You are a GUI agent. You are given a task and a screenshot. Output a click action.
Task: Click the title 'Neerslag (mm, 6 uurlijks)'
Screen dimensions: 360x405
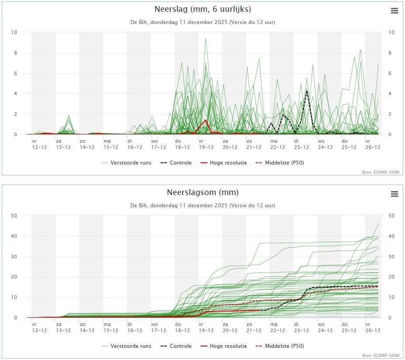(x=203, y=9)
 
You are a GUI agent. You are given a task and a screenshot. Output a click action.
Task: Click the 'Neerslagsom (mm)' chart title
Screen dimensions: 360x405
(x=203, y=192)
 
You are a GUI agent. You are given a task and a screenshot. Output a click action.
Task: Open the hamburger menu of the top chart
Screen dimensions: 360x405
(x=395, y=11)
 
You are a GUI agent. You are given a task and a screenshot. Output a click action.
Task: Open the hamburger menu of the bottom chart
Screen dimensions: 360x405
(x=395, y=194)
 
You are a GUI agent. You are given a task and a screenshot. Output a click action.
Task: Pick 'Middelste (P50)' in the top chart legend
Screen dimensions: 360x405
(x=284, y=163)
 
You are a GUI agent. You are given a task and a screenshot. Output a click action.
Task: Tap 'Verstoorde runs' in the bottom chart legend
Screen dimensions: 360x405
(x=131, y=346)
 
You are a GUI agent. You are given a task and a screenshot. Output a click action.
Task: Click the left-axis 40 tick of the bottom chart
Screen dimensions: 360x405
(x=14, y=236)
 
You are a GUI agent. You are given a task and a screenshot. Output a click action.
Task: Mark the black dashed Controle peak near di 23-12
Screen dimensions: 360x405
(x=307, y=91)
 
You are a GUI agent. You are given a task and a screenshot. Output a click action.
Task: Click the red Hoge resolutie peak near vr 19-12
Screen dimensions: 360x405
(x=205, y=120)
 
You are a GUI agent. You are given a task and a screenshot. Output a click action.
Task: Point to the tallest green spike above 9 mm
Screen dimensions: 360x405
(x=205, y=39)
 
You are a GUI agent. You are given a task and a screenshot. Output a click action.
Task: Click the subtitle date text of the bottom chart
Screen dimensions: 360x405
(x=203, y=205)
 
